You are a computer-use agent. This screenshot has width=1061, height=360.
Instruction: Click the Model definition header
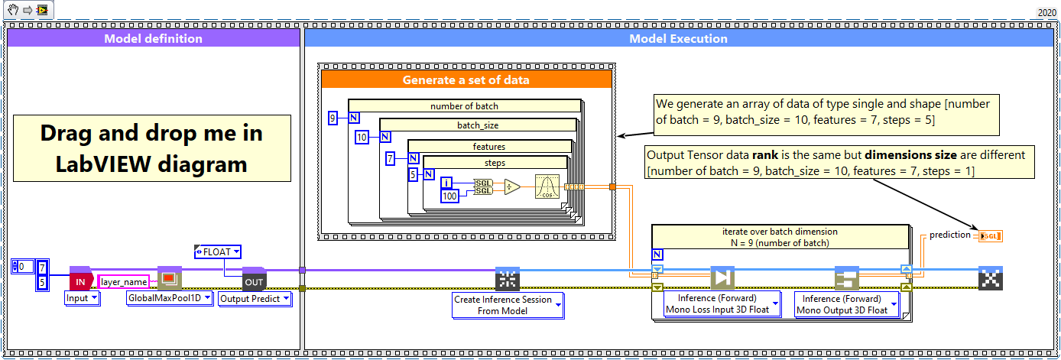[x=153, y=38]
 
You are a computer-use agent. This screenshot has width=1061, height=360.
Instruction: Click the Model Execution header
[x=678, y=38]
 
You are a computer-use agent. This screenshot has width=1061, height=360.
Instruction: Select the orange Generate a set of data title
[x=466, y=79]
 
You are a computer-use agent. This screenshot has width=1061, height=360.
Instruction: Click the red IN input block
[x=80, y=281]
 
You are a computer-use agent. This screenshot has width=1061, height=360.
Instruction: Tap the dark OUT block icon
[x=253, y=281]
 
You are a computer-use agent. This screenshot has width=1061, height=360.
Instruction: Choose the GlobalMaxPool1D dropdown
[x=169, y=299]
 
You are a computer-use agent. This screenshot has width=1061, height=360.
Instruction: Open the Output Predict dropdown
[x=255, y=299]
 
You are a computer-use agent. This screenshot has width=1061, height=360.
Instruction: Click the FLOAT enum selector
[x=219, y=251]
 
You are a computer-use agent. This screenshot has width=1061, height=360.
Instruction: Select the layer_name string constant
[x=123, y=281]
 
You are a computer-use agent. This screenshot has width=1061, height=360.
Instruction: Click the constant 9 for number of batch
[x=333, y=118]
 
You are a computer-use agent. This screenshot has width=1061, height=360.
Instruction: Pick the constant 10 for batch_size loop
[x=362, y=138]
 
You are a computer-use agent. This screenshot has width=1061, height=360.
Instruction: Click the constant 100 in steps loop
[x=451, y=197]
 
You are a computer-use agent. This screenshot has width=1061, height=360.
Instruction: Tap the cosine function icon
[x=547, y=186]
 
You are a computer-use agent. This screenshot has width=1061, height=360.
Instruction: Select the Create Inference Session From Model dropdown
[x=508, y=305]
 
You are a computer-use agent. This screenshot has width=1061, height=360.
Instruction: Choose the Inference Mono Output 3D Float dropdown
[x=845, y=304]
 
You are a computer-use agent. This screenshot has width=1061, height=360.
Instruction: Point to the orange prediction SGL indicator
[x=990, y=235]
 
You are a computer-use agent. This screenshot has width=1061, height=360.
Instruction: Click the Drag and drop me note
[x=151, y=148]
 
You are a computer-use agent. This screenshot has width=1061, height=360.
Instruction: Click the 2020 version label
[x=1046, y=12]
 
